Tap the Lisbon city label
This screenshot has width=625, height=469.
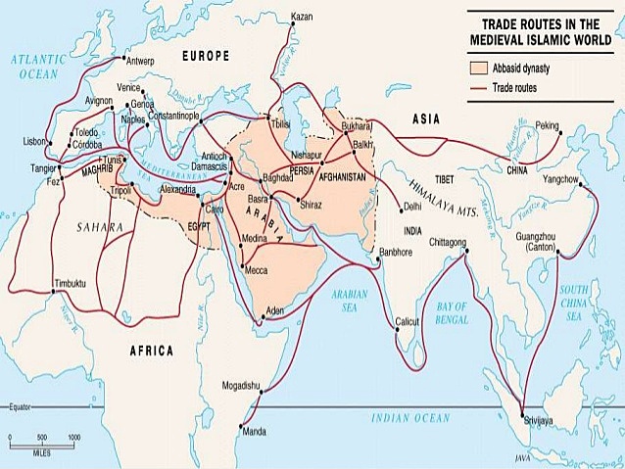[x=35, y=140]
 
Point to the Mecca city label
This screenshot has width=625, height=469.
[x=257, y=269]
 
